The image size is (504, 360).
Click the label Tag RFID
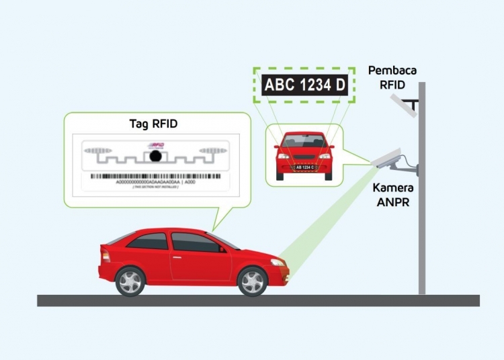pyautogui.click(x=152, y=124)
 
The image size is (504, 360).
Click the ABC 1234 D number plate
pyautogui.click(x=304, y=85)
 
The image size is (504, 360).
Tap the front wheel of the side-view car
pyautogui.click(x=253, y=281)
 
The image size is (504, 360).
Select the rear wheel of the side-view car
pyautogui.click(x=130, y=281)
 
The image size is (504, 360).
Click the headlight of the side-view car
pyautogui.click(x=277, y=261)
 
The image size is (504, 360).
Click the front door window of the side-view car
pyautogui.click(x=194, y=242)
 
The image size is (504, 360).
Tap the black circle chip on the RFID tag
pyautogui.click(x=155, y=157)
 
